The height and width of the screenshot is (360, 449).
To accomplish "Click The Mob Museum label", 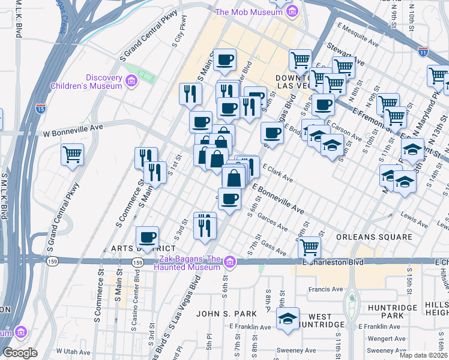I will [249, 12].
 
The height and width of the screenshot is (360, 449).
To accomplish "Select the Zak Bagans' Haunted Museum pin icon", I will [229, 262].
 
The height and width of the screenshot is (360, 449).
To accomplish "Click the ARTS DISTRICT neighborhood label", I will [143, 248].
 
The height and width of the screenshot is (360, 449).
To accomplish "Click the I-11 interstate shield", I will [424, 52].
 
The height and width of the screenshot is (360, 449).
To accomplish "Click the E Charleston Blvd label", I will [334, 262].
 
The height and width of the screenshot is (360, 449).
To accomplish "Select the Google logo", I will [19, 353].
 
